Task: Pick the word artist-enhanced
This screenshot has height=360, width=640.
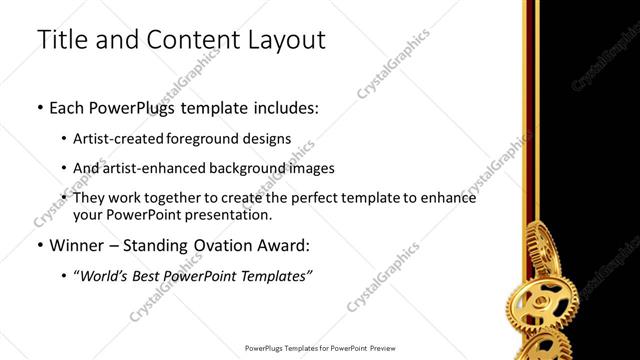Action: coord(145,168)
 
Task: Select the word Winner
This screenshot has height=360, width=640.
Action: coord(78,244)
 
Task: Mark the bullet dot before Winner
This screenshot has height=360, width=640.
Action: coord(39,245)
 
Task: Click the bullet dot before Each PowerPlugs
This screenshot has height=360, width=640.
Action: coord(39,105)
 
